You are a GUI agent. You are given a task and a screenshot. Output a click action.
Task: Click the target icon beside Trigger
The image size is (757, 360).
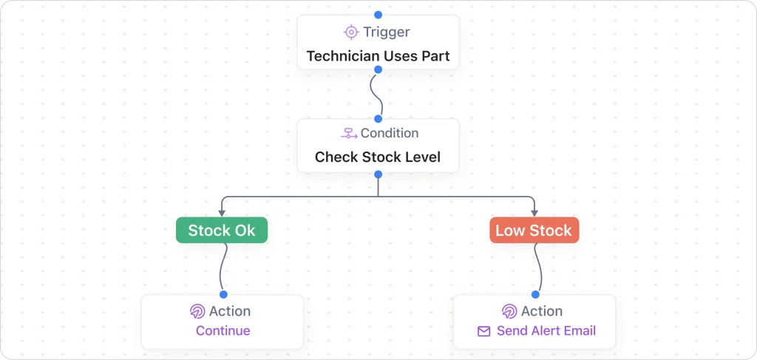[351, 32]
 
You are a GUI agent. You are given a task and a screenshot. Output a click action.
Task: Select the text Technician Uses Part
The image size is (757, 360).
[378, 56]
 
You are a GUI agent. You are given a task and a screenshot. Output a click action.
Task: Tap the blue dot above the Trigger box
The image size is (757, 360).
[378, 15]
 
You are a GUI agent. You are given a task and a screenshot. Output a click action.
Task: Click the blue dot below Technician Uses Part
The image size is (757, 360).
[378, 69]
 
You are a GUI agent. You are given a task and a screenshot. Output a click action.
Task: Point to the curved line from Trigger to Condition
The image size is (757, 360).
[377, 94]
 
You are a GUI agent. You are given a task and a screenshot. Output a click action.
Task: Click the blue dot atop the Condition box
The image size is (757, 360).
[378, 118]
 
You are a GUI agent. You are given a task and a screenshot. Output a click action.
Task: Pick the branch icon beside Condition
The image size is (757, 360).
[349, 134]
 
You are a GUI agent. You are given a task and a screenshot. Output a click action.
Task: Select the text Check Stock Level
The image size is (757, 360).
[378, 157]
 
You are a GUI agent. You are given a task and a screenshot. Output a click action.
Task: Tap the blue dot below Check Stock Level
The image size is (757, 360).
[378, 174]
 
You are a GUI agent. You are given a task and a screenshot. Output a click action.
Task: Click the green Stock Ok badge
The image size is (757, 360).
[222, 231]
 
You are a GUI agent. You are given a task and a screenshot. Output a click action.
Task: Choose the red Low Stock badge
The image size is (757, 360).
[534, 231]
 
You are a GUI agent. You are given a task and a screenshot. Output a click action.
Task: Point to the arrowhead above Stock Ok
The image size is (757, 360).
[222, 213]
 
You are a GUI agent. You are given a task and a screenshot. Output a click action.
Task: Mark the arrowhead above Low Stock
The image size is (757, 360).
[534, 213]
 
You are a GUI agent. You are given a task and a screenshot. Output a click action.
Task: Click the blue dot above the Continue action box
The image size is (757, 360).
[223, 294]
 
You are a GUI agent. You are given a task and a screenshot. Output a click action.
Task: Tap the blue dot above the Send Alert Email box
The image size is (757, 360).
[534, 294]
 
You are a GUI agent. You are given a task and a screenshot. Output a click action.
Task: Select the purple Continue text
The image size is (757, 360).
[223, 330]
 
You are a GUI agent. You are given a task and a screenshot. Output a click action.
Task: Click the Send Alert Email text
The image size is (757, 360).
[546, 330]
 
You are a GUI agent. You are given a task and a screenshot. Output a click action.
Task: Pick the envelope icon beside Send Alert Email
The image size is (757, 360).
[484, 331]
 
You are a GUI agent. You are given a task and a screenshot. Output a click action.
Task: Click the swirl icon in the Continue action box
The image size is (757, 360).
[197, 311]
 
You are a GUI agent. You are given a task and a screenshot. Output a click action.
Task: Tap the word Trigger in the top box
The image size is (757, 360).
[387, 32]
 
